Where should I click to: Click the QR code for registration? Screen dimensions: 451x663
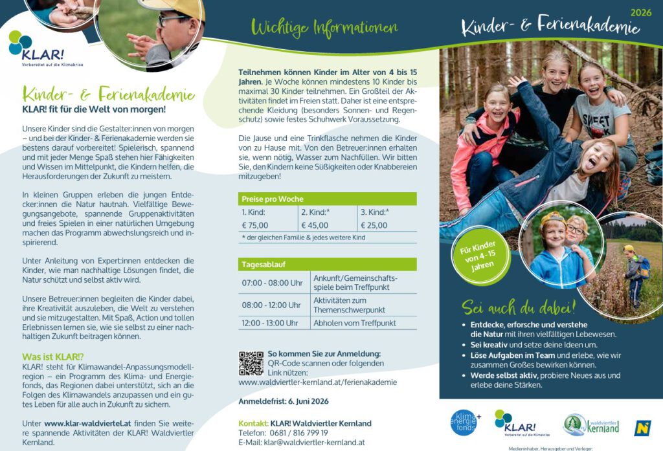(251, 363)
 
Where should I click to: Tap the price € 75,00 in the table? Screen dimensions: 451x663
(255, 225)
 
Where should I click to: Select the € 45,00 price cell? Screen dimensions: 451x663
(315, 225)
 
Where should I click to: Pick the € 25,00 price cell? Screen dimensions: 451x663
(374, 225)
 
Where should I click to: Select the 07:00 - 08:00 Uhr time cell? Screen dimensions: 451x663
(272, 283)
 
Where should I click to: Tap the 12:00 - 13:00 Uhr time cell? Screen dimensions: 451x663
(272, 323)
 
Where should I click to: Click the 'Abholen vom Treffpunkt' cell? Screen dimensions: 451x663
(355, 323)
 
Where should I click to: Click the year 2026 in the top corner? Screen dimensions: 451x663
(640, 12)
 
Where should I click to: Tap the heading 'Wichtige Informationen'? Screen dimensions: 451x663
(324, 28)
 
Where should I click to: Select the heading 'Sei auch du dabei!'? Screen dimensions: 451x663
(519, 307)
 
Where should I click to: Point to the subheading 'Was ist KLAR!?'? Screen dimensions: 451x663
(53, 357)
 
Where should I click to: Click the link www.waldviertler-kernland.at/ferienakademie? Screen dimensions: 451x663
(317, 382)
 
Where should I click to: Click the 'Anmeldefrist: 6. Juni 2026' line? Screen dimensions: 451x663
(284, 401)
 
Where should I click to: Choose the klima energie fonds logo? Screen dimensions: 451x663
(465, 422)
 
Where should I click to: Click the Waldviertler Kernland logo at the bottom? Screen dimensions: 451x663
(591, 425)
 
